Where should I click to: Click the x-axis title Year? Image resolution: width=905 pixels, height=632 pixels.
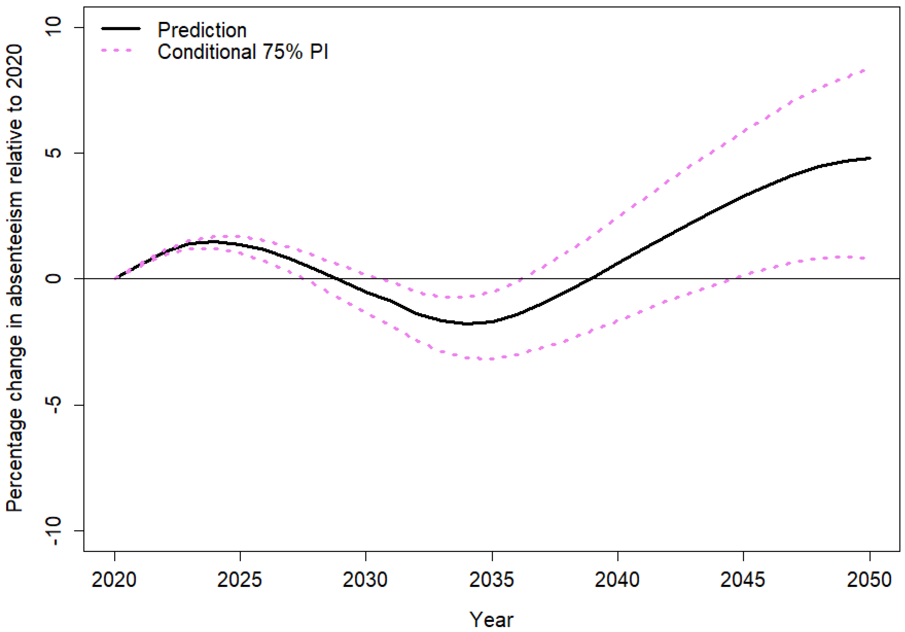click(491, 619)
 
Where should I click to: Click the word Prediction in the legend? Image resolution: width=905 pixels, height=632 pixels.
click(202, 30)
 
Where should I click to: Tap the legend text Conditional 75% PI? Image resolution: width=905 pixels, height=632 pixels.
click(243, 52)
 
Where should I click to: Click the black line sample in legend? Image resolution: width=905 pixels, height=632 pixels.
click(121, 28)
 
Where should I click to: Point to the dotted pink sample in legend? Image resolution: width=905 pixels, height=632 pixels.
click(116, 50)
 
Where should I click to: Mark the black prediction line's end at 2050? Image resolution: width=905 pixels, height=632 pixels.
click(870, 158)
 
